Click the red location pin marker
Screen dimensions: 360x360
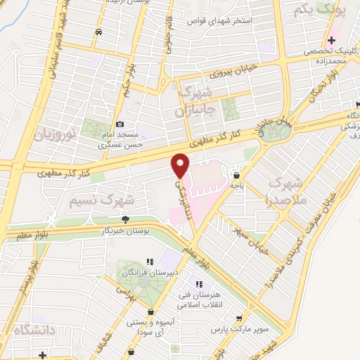(181, 165)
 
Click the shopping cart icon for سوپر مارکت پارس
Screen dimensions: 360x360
(238, 318)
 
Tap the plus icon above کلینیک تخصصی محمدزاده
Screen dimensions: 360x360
(331, 40)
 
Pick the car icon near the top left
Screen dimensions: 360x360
(98, 32)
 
